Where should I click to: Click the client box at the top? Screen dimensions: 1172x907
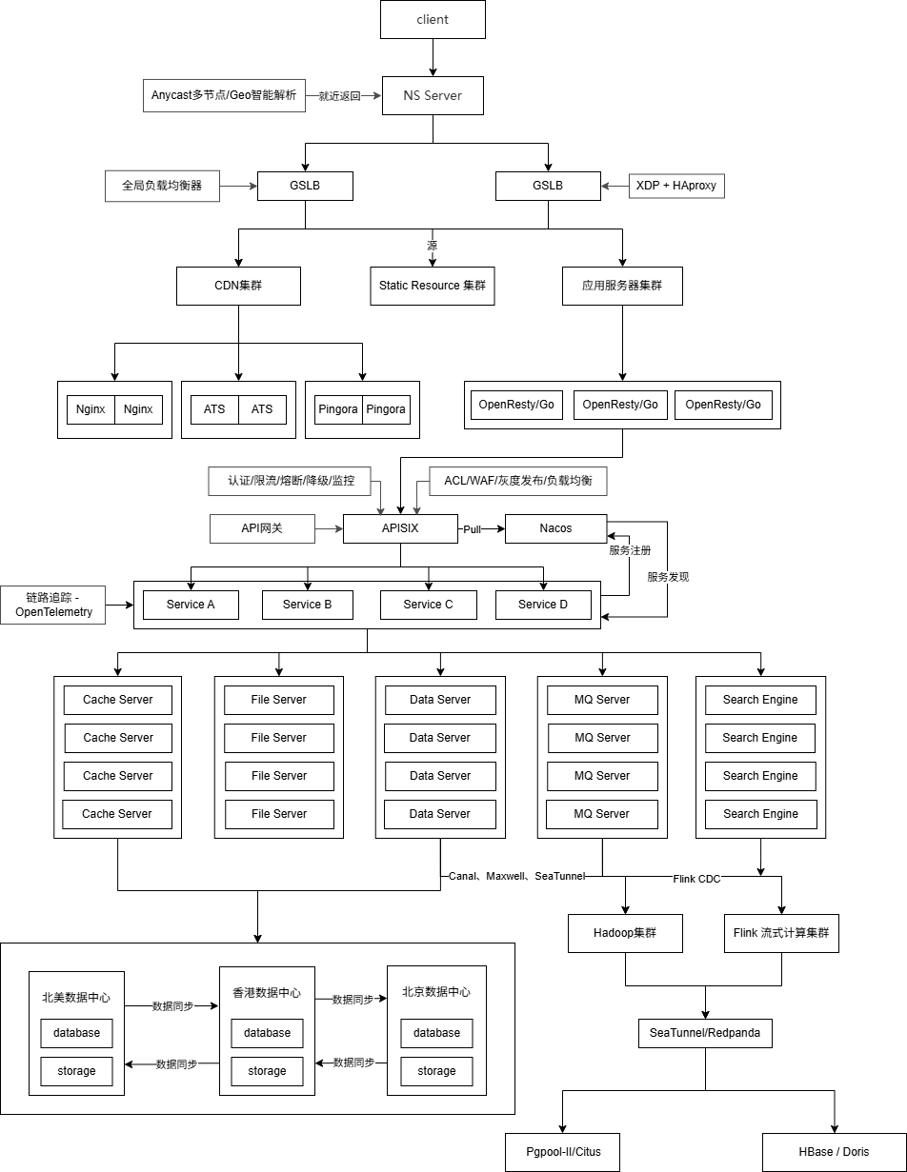[433, 19]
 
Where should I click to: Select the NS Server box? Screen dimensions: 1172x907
[433, 95]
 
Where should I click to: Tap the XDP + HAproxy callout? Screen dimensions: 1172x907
[676, 186]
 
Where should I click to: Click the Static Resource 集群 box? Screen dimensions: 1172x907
[433, 286]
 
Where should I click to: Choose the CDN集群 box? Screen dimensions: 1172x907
[238, 286]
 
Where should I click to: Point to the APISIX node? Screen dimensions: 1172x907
[400, 528]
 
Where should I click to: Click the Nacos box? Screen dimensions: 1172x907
[555, 528]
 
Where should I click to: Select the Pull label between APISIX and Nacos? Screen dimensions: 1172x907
[473, 528]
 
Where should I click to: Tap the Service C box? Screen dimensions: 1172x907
[428, 605]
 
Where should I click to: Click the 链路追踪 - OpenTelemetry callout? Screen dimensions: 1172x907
[53, 605]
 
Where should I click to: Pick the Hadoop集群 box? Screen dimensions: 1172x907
[625, 933]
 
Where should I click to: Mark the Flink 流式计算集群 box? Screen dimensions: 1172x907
[781, 933]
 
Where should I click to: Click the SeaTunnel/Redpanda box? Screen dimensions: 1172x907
[705, 1033]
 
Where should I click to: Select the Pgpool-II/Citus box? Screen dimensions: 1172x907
[563, 1152]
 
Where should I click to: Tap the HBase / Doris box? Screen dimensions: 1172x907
[834, 1152]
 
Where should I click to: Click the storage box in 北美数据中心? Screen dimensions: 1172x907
[76, 1071]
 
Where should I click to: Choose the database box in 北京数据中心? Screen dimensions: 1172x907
[436, 1033]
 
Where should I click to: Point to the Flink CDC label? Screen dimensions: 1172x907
[696, 879]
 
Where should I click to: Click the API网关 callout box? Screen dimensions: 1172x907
[262, 528]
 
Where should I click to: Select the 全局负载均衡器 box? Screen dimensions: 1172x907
[162, 186]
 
